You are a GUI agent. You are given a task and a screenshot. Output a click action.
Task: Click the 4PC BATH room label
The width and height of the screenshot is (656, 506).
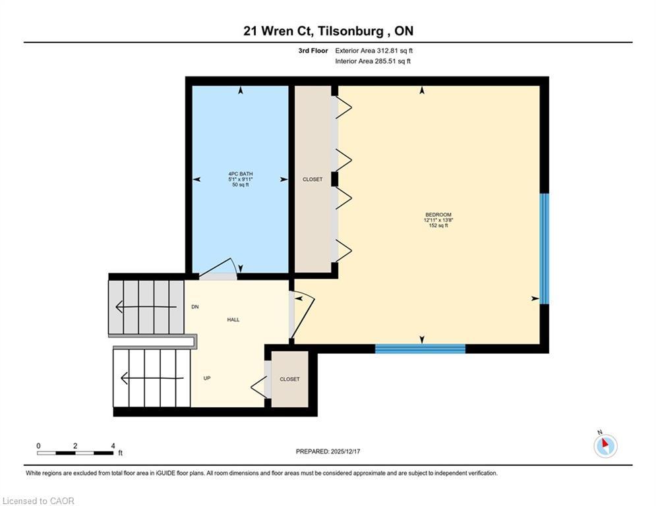[x=240, y=175]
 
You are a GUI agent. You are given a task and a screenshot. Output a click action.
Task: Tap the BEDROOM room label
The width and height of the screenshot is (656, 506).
[x=438, y=215]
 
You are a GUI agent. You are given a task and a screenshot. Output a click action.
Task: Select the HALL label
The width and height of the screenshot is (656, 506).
[x=233, y=320]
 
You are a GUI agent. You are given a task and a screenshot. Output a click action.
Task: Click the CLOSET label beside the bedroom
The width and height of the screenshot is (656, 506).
[x=313, y=179]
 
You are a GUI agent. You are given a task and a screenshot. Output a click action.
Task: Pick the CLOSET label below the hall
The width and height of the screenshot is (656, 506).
[x=289, y=379]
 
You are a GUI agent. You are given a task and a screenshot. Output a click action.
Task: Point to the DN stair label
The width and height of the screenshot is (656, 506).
[x=195, y=307]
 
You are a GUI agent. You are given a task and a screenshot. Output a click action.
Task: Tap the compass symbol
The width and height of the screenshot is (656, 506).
[x=605, y=446]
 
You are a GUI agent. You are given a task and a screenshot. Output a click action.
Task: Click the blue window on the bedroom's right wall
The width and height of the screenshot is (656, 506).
[x=544, y=248]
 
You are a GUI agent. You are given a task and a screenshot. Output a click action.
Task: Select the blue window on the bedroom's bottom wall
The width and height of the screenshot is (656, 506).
[x=420, y=349]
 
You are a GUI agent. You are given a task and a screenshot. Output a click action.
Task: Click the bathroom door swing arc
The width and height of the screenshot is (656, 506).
[x=219, y=267]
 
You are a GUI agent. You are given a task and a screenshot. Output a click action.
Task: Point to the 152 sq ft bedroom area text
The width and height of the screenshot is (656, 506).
[x=438, y=225]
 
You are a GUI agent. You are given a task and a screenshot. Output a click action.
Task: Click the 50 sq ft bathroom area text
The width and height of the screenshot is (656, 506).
[x=240, y=185]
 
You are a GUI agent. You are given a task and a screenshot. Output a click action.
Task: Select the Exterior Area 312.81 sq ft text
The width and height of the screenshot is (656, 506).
[x=374, y=50]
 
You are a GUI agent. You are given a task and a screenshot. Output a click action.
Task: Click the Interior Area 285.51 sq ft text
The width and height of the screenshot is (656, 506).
[x=373, y=61]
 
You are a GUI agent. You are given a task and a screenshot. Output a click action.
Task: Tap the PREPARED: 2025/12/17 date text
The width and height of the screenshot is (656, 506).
[x=329, y=451]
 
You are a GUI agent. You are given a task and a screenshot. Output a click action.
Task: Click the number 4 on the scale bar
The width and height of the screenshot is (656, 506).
[x=113, y=446]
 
